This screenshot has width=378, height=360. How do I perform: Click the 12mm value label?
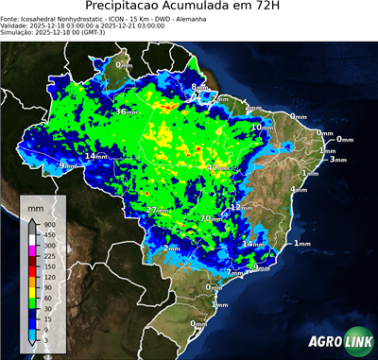coord(242,207)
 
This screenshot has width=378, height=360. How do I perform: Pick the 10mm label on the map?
coord(262,127)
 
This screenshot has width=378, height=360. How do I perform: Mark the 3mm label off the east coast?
coord(337,160)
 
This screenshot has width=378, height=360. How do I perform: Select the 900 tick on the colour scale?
coord(48,225)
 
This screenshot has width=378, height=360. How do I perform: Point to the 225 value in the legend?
coord(48,256)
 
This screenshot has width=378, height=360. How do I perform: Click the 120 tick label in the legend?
coord(48,277)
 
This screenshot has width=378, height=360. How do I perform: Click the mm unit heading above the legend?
coord(35,205)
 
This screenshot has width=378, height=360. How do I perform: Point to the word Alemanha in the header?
coord(195,18)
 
